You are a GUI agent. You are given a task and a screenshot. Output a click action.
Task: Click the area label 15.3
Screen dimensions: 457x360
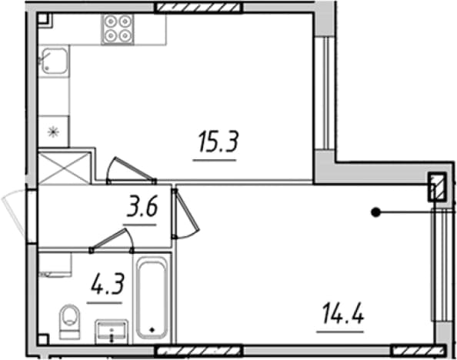click(x=218, y=142)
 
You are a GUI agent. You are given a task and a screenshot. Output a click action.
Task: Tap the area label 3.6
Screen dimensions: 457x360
click(x=142, y=206)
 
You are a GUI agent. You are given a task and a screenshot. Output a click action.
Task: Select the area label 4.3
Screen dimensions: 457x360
click(x=108, y=284)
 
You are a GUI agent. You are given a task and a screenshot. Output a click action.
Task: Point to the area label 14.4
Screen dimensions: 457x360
click(x=343, y=313)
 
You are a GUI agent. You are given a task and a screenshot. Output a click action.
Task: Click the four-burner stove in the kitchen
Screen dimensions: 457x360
click(x=118, y=29)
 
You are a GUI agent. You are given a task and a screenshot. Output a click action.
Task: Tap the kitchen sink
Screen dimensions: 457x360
click(x=54, y=61)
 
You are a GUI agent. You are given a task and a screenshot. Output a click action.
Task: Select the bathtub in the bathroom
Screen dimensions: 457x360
click(x=152, y=298)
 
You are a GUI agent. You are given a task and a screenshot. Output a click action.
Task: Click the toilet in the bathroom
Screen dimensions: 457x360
click(x=70, y=322)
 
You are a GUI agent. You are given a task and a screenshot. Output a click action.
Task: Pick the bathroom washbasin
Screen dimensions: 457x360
click(x=112, y=332)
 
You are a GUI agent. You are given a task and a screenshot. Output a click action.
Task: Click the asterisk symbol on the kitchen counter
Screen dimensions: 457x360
click(x=54, y=132)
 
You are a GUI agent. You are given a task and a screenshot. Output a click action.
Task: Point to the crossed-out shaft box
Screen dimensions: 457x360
click(x=65, y=168)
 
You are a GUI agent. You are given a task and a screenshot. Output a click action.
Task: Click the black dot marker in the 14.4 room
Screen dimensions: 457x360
click(x=376, y=212)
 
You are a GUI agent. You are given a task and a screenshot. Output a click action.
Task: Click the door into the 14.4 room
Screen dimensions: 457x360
click(x=185, y=213)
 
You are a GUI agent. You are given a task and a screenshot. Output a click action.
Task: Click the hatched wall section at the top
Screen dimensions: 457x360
click(x=198, y=7)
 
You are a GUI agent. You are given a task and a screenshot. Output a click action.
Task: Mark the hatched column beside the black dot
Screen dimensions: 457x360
click(x=437, y=187)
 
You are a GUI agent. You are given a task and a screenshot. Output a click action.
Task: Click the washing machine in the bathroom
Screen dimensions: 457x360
click(x=55, y=265)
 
